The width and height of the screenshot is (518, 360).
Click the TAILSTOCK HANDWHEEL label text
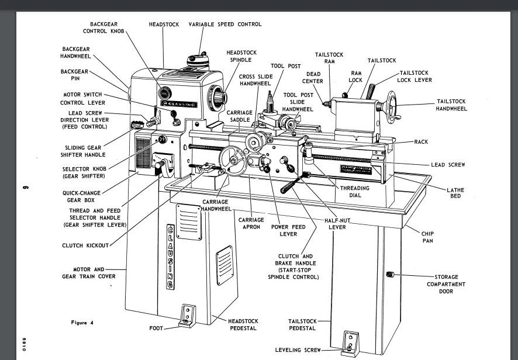coord(451,105)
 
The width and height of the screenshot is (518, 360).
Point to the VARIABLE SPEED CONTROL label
coord(225,25)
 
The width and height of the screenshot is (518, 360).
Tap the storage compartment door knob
coord(391,275)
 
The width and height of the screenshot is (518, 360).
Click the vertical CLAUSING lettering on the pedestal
coord(170,255)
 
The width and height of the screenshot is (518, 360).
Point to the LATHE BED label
coord(455,193)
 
